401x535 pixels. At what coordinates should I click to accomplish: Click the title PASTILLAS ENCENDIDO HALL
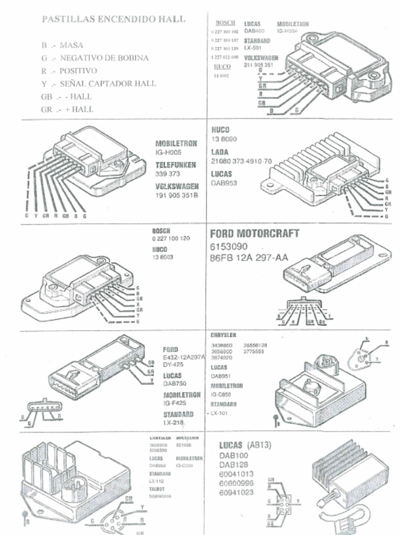(113, 19)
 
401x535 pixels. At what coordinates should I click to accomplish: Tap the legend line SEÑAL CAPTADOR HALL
(107, 84)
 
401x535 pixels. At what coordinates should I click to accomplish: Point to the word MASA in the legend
(72, 45)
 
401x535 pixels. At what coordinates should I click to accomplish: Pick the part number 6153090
(229, 247)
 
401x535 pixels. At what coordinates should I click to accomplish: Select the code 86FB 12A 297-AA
(249, 258)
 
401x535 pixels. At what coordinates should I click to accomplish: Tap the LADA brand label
(220, 152)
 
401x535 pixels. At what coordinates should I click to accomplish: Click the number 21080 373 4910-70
(241, 161)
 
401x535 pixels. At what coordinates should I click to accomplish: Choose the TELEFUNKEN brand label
(175, 165)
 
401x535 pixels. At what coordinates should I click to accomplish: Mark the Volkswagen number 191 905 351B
(177, 195)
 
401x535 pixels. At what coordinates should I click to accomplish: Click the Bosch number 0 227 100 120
(171, 238)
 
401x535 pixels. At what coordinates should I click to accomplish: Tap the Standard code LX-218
(173, 422)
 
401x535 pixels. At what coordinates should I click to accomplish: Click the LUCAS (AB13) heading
(244, 445)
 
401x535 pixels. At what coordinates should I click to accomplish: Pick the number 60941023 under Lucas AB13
(236, 492)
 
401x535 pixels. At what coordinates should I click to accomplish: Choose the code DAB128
(233, 464)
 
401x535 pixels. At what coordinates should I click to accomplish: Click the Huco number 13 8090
(224, 139)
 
